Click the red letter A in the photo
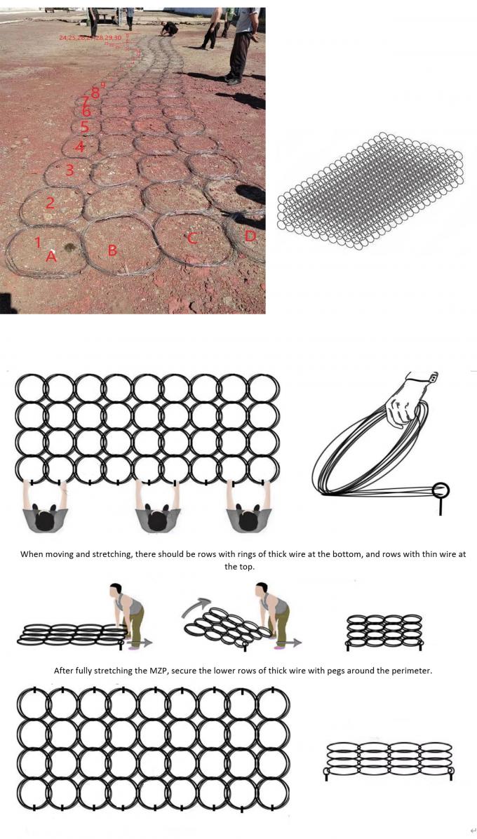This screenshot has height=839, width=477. coord(51,257)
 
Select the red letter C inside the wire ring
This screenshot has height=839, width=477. coord(192,239)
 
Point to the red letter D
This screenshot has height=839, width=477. coord(250,236)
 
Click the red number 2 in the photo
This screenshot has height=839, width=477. coord(50,203)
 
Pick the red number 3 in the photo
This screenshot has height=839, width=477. coord(69,170)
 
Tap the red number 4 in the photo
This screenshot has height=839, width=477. coord(80,147)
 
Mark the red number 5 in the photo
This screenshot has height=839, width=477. coord(84,127)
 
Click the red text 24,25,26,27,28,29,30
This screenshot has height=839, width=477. coord(90,36)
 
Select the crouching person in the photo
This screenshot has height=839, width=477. coord(168,29)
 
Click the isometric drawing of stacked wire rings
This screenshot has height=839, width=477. coord(370,191)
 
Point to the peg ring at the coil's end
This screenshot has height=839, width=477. coord(441,490)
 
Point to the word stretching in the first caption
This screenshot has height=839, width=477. coord(92,553)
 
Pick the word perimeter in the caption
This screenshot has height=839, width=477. coord(409,670)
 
